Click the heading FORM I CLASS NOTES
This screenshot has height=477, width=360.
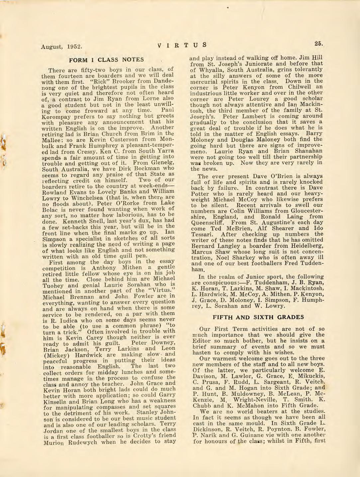(x=106, y=60)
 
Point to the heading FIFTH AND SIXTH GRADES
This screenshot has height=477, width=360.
(x=258, y=317)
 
